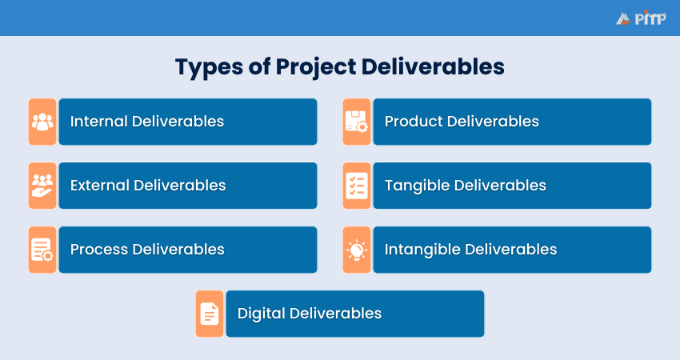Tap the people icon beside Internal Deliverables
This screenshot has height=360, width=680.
(x=42, y=122)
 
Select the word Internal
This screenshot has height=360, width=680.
(x=98, y=122)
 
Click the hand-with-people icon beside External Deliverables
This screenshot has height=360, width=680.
(x=42, y=186)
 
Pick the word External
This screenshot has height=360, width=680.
(x=100, y=186)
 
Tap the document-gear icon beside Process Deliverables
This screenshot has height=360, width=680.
(x=42, y=250)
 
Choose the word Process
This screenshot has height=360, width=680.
(x=99, y=250)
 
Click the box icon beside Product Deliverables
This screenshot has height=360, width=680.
(x=357, y=122)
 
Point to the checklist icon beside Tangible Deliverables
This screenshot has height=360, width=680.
(x=357, y=186)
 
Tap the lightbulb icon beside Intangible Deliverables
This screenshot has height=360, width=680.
(x=357, y=250)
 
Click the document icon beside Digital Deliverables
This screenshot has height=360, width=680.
(x=210, y=314)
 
